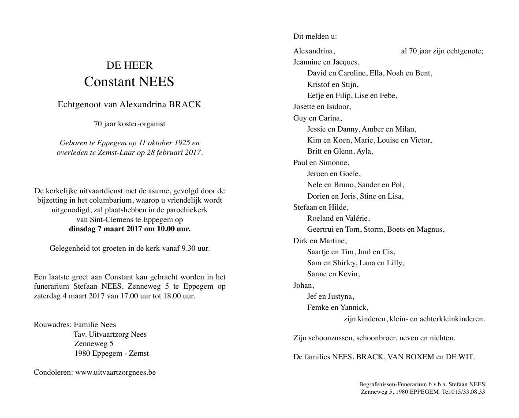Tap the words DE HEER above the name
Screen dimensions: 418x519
pos(130,66)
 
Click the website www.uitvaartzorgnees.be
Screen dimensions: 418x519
pos(116,372)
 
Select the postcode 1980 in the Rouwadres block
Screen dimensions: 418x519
pos(83,353)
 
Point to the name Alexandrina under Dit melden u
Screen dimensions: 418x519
pos(314,51)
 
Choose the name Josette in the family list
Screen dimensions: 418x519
pos(305,106)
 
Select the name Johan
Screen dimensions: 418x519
pos(303,285)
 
